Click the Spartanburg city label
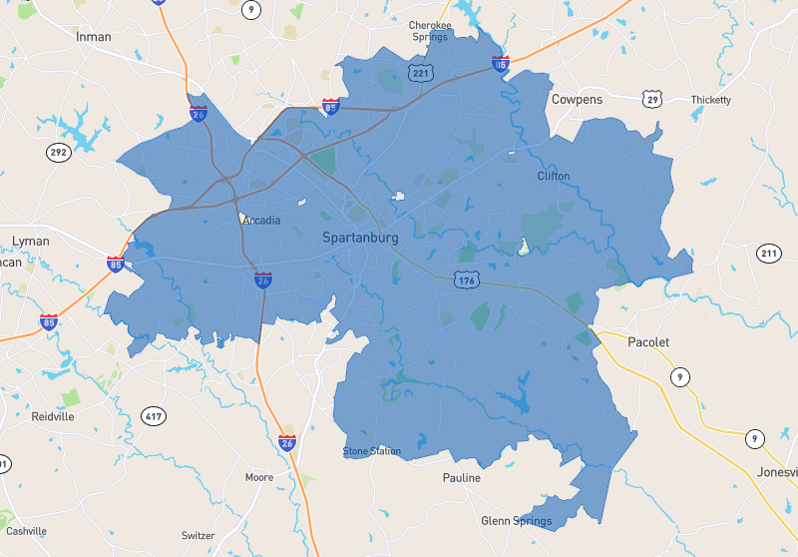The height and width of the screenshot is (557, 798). click(x=360, y=238)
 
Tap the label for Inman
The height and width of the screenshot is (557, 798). click(x=94, y=37)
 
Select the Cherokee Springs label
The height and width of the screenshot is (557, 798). click(x=431, y=31)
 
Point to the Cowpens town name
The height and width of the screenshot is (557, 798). click(x=577, y=100)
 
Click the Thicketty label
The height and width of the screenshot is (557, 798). click(x=710, y=100)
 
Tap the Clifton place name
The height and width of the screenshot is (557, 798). click(x=554, y=177)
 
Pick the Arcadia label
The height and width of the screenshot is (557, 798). click(x=261, y=221)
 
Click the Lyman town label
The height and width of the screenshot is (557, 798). click(x=30, y=242)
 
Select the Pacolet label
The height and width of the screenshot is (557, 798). click(x=648, y=342)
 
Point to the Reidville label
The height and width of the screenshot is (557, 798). click(x=53, y=416)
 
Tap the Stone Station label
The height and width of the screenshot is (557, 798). click(x=372, y=451)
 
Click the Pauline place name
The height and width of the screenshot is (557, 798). click(x=462, y=478)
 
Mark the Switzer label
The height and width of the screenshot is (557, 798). click(x=199, y=536)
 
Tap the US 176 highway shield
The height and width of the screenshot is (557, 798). click(x=466, y=280)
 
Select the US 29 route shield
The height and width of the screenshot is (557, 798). click(x=652, y=99)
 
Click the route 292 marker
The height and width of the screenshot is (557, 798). click(x=59, y=152)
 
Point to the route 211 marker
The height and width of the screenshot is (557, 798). click(x=768, y=254)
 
